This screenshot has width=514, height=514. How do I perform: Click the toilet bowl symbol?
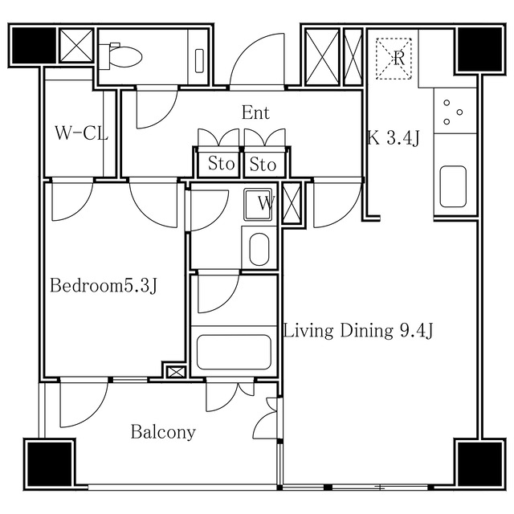121,56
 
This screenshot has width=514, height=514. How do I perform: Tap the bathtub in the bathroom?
234,352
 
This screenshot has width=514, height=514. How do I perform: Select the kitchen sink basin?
453,186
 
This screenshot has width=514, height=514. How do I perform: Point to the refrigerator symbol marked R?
394,59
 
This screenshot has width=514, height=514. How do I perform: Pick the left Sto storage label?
222,163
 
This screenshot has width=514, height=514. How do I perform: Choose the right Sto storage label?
263,164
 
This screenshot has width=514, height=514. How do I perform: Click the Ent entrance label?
255,112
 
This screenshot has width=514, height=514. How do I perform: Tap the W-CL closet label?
82,133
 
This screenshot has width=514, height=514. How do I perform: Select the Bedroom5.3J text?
104,285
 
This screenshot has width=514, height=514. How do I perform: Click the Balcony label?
163,432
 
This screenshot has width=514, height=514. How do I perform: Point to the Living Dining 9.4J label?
358,330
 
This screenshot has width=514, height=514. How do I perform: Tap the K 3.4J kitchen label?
393,137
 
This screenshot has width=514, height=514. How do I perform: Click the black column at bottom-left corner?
50,464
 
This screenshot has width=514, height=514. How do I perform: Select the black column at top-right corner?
480,49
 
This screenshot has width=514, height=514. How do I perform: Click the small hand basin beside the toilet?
199,61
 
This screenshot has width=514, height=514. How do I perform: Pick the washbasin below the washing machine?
259,249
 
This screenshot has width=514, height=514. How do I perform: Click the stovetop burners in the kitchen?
452,112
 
